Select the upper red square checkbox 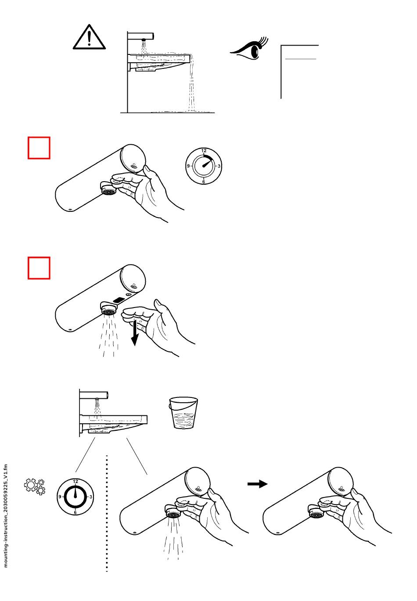(x=39, y=148)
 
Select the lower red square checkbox (x=39, y=268)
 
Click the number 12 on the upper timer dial (x=204, y=150)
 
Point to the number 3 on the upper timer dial (x=219, y=166)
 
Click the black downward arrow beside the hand (x=134, y=333)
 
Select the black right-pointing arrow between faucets (x=258, y=484)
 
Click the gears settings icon (x=35, y=487)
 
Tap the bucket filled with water (x=183, y=413)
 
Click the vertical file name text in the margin (x=6, y=516)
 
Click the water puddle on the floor (x=183, y=111)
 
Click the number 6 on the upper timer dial (x=204, y=182)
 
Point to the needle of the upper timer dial (x=208, y=163)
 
